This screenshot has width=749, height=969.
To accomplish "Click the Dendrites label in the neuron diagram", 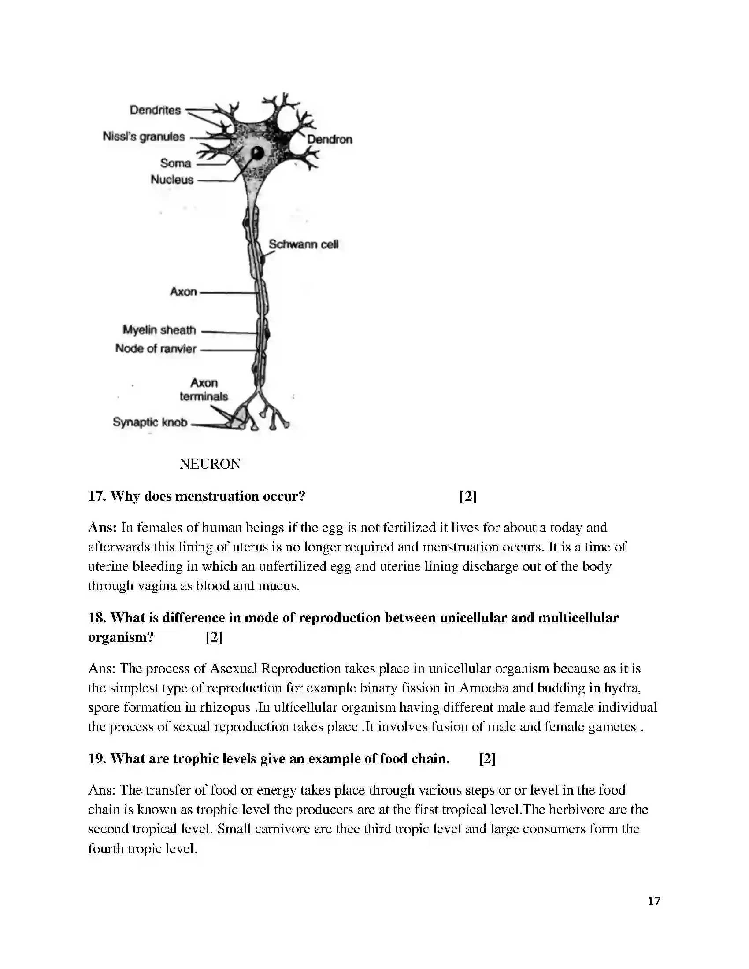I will [155, 110].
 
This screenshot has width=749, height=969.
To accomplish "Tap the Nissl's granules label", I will [143, 136].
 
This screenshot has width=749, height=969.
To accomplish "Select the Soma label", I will [176, 163].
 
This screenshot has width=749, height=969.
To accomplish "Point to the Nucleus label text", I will [172, 180].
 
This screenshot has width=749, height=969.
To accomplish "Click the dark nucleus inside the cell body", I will [258, 154].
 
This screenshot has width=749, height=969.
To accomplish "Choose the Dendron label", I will [330, 139].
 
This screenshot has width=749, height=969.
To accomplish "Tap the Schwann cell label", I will [304, 244].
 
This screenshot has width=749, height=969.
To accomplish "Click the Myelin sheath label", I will [159, 330].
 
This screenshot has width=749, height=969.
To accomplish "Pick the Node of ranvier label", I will [155, 349].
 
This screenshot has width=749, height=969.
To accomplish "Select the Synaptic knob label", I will [149, 422].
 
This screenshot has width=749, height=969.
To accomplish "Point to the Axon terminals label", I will [204, 389].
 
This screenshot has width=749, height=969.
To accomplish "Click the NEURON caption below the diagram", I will [210, 464].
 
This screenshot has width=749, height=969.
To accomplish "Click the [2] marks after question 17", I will [467, 496].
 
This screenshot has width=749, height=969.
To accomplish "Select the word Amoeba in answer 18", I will [484, 688].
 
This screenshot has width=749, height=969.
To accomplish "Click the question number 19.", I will [97, 759].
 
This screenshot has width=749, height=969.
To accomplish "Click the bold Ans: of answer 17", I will [103, 528].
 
